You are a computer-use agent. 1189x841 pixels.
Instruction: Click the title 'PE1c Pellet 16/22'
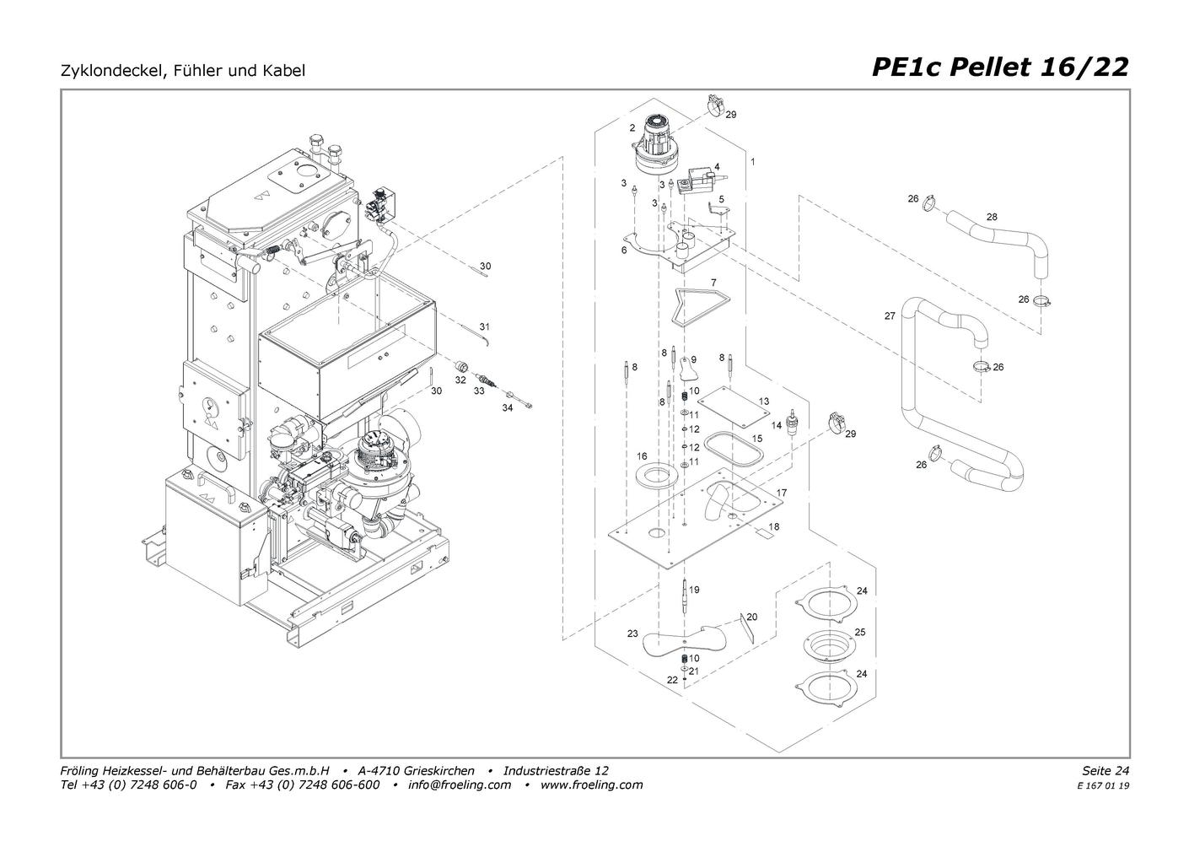[999, 67]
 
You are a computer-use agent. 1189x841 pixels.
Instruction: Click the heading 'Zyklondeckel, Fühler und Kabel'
[183, 71]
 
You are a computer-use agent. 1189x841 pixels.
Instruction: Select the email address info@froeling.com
[460, 784]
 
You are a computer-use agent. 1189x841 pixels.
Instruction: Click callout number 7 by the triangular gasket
[713, 282]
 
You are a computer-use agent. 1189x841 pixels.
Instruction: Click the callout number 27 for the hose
[890, 316]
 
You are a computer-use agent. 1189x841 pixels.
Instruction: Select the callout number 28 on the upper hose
[992, 217]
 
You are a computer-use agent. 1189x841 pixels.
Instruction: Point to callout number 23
[632, 633]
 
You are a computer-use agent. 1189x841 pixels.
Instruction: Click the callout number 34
[507, 407]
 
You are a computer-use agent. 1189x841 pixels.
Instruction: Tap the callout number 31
[484, 326]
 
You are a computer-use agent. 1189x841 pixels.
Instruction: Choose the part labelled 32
[462, 366]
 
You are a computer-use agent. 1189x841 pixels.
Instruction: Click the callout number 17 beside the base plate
[782, 493]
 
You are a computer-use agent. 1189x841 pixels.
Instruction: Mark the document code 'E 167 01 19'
[1102, 785]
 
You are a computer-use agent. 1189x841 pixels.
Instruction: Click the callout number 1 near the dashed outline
[752, 160]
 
